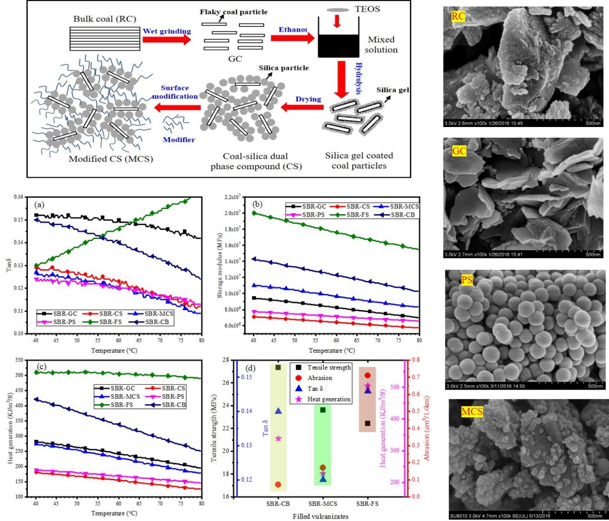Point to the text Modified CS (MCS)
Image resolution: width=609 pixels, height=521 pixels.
[x=110, y=159]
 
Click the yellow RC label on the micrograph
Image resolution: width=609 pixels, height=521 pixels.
[x=458, y=17]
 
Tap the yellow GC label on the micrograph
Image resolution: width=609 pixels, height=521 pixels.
[x=459, y=151]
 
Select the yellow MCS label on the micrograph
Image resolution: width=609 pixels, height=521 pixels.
[x=472, y=411]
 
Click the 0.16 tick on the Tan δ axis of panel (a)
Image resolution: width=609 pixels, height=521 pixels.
[x=18, y=197]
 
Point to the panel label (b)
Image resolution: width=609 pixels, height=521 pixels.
[x=258, y=204]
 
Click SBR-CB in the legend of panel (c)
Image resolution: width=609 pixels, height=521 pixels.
[x=173, y=405]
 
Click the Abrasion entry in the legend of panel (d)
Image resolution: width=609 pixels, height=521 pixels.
[x=320, y=378]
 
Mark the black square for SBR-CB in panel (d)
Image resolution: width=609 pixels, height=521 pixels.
[x=278, y=368]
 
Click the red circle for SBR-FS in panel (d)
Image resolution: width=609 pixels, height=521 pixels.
[x=368, y=376]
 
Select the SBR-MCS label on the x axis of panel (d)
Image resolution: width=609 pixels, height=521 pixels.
[x=322, y=504]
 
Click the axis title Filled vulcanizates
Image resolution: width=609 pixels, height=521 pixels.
[x=321, y=516]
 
